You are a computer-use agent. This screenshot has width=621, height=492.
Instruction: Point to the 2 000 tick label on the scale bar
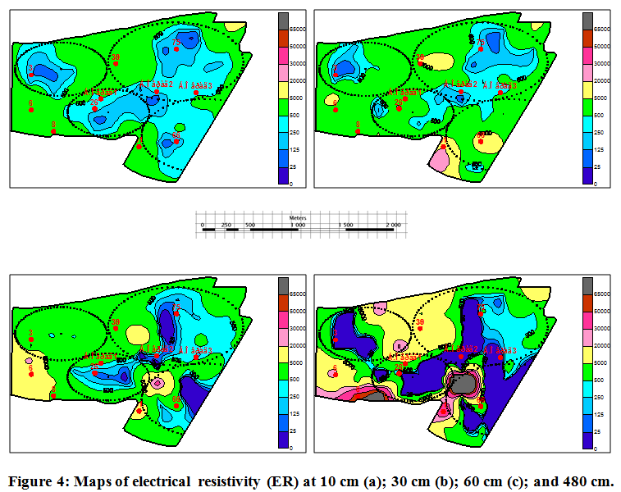tap(393, 224)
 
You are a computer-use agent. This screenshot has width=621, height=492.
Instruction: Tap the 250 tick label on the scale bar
tap(226, 224)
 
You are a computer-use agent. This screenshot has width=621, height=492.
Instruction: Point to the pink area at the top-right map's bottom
tap(439, 160)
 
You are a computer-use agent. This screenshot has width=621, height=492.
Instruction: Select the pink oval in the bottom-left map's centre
tap(157, 382)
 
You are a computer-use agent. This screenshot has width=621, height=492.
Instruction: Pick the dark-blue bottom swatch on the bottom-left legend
tap(284, 440)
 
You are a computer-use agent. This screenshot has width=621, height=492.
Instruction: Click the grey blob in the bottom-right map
tap(464, 384)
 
